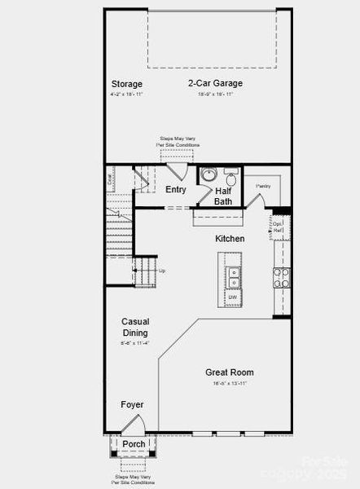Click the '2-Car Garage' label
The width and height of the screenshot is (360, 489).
215,83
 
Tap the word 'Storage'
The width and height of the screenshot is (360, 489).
126,84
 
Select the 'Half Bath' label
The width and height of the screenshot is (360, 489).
222,196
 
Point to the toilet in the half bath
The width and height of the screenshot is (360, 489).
230,178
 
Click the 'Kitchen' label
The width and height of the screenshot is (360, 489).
230,239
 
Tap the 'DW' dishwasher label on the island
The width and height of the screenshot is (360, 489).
232,297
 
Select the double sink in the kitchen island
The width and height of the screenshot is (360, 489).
233,277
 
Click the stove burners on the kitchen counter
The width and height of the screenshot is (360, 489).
281,278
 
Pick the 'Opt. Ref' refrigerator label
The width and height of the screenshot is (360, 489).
278,227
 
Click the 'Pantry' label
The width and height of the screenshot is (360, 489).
263,187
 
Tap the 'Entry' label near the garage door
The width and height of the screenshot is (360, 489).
175,189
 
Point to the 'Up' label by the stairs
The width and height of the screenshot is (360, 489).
162,271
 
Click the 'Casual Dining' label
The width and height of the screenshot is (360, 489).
135,327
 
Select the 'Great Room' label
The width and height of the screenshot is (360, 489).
230,372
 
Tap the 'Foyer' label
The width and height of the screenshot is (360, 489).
133,404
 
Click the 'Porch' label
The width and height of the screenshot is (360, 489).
134,444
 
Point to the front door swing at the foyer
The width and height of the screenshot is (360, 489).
134,425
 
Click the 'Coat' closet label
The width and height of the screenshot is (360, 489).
111,178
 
